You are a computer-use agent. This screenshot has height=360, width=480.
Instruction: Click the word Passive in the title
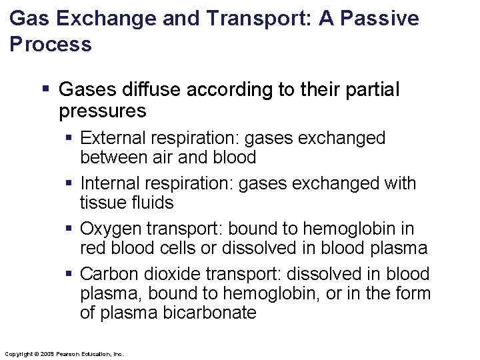(x=380, y=18)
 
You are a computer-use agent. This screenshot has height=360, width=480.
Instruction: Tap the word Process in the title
(x=51, y=45)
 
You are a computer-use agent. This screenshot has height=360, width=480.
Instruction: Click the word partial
(x=369, y=89)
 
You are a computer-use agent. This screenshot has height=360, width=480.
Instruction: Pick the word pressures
(x=102, y=110)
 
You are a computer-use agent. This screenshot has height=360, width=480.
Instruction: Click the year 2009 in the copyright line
(x=46, y=353)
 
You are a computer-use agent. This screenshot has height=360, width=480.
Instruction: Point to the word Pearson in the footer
(x=69, y=353)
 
